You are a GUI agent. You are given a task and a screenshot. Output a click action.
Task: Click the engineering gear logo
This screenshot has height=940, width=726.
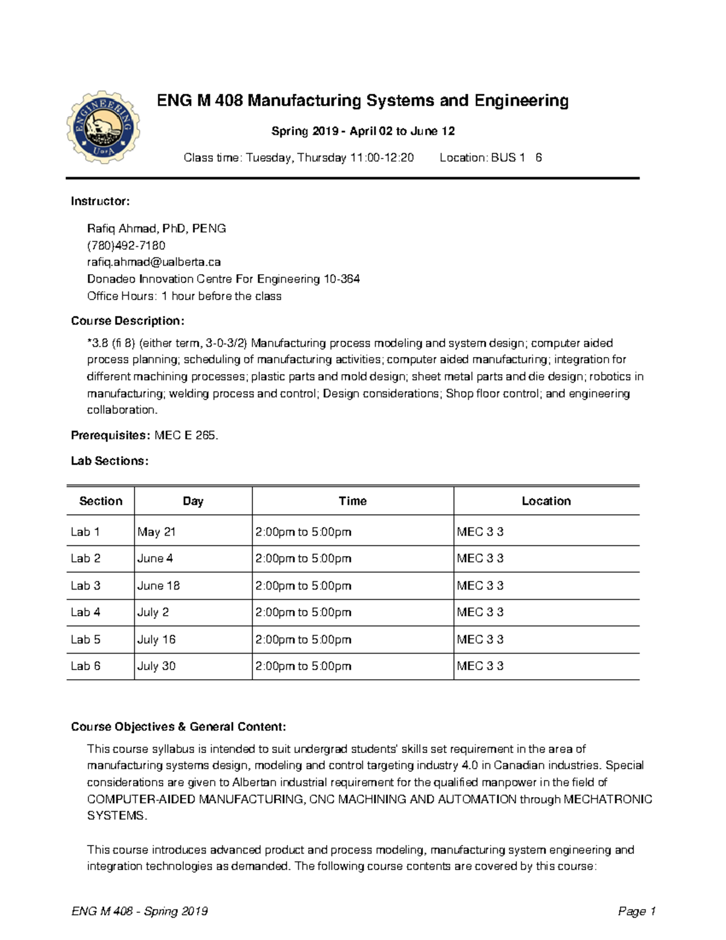pyautogui.click(x=103, y=127)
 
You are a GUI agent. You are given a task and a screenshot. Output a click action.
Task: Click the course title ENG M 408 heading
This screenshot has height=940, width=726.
pyautogui.click(x=362, y=100)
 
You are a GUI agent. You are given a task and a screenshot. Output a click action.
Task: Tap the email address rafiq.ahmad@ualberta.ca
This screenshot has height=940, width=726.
pyautogui.click(x=154, y=262)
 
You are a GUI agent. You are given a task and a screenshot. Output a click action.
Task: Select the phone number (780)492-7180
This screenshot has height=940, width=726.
pyautogui.click(x=126, y=245)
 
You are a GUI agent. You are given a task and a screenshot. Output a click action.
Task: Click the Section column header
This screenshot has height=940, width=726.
pyautogui.click(x=100, y=501)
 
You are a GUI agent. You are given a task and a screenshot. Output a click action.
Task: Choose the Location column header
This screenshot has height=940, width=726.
pyautogui.click(x=546, y=501)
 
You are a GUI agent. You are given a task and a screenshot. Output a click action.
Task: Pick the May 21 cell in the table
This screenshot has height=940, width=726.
pyautogui.click(x=156, y=532)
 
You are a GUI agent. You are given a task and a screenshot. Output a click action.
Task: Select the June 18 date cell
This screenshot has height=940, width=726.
pyautogui.click(x=159, y=586)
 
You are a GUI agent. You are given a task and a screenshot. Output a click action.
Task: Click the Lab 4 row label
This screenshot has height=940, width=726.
pyautogui.click(x=85, y=613)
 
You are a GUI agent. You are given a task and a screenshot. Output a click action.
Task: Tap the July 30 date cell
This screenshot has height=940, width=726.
pyautogui.click(x=156, y=666)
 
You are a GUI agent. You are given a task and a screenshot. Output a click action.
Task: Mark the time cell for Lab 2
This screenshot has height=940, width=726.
pyautogui.click(x=303, y=559)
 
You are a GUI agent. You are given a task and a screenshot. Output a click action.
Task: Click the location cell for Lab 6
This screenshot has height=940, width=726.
pyautogui.click(x=480, y=666)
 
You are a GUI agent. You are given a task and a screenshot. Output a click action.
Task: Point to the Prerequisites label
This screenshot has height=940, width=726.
pyautogui.click(x=110, y=435)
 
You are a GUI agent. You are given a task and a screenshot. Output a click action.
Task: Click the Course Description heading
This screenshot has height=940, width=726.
pyautogui.click(x=127, y=321)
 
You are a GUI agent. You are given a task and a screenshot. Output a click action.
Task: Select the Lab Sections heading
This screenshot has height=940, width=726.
pyautogui.click(x=110, y=461)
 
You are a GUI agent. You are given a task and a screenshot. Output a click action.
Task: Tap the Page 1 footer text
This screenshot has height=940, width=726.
pyautogui.click(x=636, y=912)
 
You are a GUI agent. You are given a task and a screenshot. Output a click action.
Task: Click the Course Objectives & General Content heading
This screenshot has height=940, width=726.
pyautogui.click(x=178, y=727)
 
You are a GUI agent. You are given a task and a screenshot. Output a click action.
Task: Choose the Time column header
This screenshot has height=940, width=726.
pyautogui.click(x=352, y=501)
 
